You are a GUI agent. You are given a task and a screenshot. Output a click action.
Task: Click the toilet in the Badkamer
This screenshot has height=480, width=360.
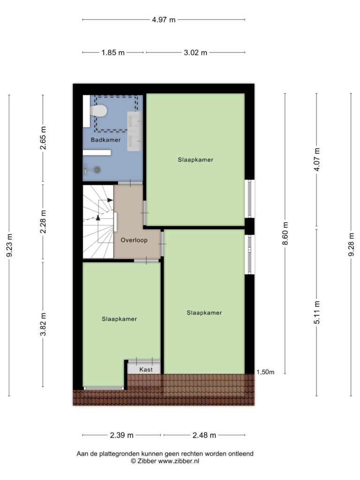click(x=98, y=111)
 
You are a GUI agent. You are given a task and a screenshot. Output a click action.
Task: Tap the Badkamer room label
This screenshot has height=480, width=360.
click(x=105, y=140)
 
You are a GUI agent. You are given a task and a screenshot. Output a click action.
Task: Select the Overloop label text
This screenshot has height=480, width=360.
click(x=134, y=240)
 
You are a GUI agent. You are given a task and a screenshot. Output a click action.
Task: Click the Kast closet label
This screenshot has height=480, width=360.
click(x=146, y=369)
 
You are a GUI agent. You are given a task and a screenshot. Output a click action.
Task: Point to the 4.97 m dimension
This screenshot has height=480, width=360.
click(x=164, y=20)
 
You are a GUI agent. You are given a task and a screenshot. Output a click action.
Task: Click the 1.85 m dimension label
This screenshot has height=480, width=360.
click(x=113, y=52)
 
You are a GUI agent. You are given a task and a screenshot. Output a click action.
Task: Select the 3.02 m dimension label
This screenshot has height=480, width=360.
click(x=195, y=52)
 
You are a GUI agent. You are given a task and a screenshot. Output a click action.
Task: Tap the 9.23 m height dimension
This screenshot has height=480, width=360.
click(x=9, y=246)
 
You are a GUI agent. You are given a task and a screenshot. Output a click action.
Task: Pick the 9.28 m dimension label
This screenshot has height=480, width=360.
click(x=351, y=244)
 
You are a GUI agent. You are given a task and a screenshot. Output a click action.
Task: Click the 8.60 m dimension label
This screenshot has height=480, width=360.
click(x=285, y=233)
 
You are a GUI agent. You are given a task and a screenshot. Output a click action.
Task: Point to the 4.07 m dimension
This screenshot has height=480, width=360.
click(x=317, y=159)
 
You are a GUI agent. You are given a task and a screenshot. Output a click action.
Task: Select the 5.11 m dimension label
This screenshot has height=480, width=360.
click(x=317, y=312)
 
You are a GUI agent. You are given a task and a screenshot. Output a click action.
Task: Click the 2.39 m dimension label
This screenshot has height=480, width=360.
click(x=122, y=435)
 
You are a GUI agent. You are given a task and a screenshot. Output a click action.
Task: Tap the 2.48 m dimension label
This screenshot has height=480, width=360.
click(x=204, y=435)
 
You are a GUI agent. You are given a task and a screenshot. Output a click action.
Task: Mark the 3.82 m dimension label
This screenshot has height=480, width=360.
click(x=43, y=324)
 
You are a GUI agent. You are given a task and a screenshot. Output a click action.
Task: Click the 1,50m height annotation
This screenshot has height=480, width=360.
click(x=265, y=372)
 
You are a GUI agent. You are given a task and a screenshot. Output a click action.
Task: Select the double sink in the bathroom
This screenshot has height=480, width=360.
click(x=135, y=131)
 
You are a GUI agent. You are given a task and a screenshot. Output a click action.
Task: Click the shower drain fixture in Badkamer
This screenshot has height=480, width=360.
click(x=97, y=169)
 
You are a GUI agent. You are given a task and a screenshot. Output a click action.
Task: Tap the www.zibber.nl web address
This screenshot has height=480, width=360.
click(x=179, y=461)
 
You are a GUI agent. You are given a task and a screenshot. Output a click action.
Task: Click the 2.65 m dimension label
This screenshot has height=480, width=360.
click(x=43, y=138)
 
